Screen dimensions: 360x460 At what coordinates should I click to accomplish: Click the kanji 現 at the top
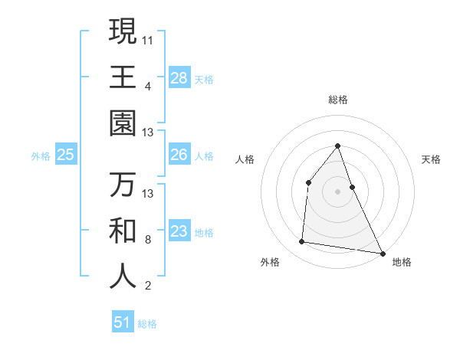click(123, 31)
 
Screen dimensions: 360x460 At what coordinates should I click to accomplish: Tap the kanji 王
click(123, 77)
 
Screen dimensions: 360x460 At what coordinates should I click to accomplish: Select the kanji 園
click(123, 123)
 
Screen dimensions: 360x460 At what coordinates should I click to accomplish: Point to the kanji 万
click(123, 185)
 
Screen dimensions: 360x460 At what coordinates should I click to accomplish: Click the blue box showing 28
click(179, 78)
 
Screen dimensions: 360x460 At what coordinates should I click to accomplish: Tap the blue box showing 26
click(179, 155)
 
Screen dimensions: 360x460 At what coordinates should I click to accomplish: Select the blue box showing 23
click(179, 231)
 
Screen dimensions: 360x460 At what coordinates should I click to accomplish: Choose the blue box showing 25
click(66, 155)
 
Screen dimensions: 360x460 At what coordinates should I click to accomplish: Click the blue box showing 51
click(123, 322)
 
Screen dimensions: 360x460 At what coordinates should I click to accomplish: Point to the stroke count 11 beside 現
click(148, 40)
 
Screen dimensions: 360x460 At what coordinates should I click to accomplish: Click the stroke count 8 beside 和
click(148, 240)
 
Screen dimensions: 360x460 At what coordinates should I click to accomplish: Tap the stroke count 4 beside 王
click(148, 86)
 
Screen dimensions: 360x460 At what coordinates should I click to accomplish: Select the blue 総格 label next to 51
click(147, 324)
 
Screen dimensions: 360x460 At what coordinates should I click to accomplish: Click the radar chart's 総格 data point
click(337, 146)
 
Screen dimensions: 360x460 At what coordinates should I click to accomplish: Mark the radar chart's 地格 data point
click(382, 253)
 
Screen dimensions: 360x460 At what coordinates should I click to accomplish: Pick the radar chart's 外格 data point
click(302, 242)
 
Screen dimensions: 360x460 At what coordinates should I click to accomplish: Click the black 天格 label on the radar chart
click(431, 159)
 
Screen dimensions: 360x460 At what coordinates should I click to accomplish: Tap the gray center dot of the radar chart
click(337, 191)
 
